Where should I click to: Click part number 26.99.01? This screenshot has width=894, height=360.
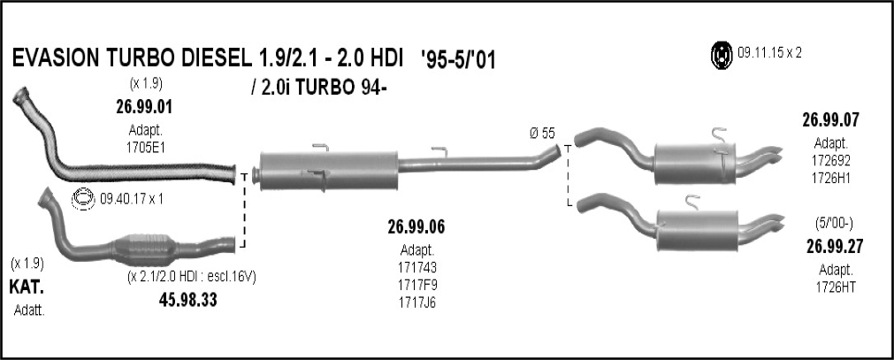point(143,107)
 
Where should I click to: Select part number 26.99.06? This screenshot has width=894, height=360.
point(416,227)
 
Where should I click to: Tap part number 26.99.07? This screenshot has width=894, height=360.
point(830,119)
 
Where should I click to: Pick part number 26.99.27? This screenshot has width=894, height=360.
point(835,247)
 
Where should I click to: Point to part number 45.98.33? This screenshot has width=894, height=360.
point(188,300)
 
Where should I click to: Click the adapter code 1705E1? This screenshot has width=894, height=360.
point(145,148)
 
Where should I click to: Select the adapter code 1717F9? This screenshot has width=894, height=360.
point(417,284)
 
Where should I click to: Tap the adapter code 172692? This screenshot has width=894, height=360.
point(831,160)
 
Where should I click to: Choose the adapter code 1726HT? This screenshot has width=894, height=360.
point(836,287)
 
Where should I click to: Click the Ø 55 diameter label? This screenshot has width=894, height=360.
point(542,134)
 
